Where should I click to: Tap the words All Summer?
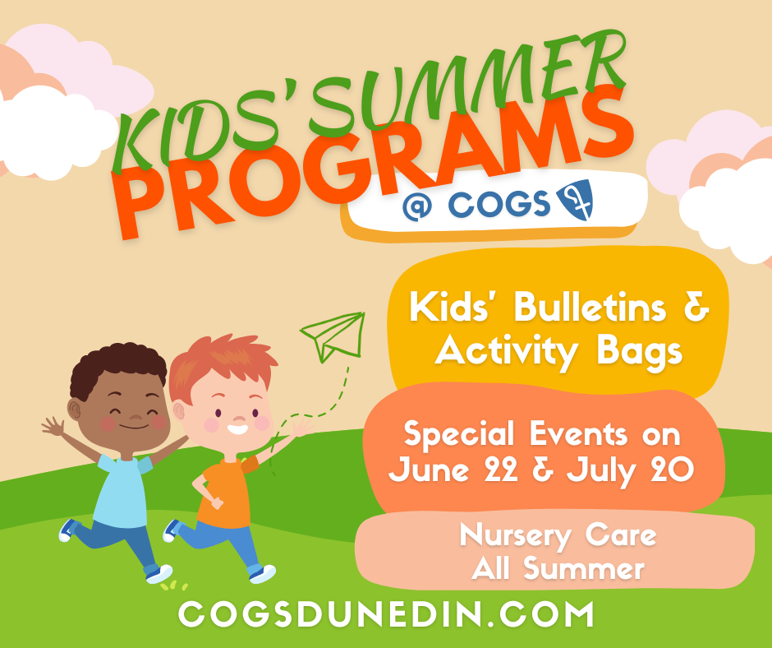(x=558, y=567)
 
